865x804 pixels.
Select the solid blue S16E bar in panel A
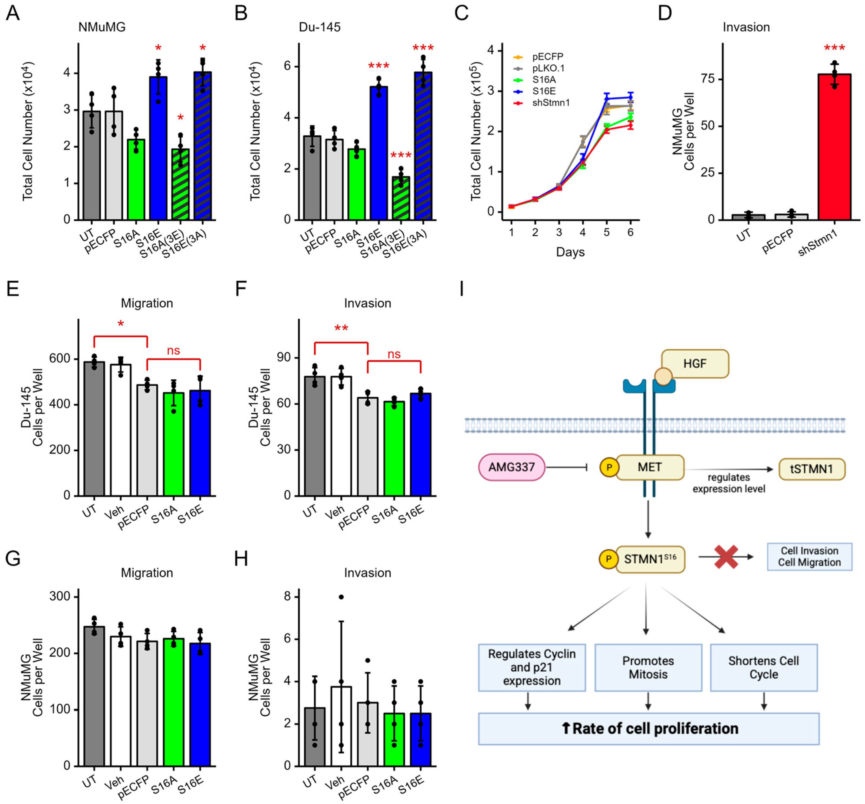(158, 148)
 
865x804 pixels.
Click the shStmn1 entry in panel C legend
(550, 103)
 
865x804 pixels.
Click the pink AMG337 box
(511, 467)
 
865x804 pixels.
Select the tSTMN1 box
(811, 469)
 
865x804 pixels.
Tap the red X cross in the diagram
(726, 557)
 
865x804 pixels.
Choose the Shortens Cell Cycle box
(763, 667)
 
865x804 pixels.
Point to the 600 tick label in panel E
(60, 359)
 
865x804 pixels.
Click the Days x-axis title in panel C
(570, 252)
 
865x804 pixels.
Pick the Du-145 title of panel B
(320, 27)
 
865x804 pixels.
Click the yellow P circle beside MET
(609, 467)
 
